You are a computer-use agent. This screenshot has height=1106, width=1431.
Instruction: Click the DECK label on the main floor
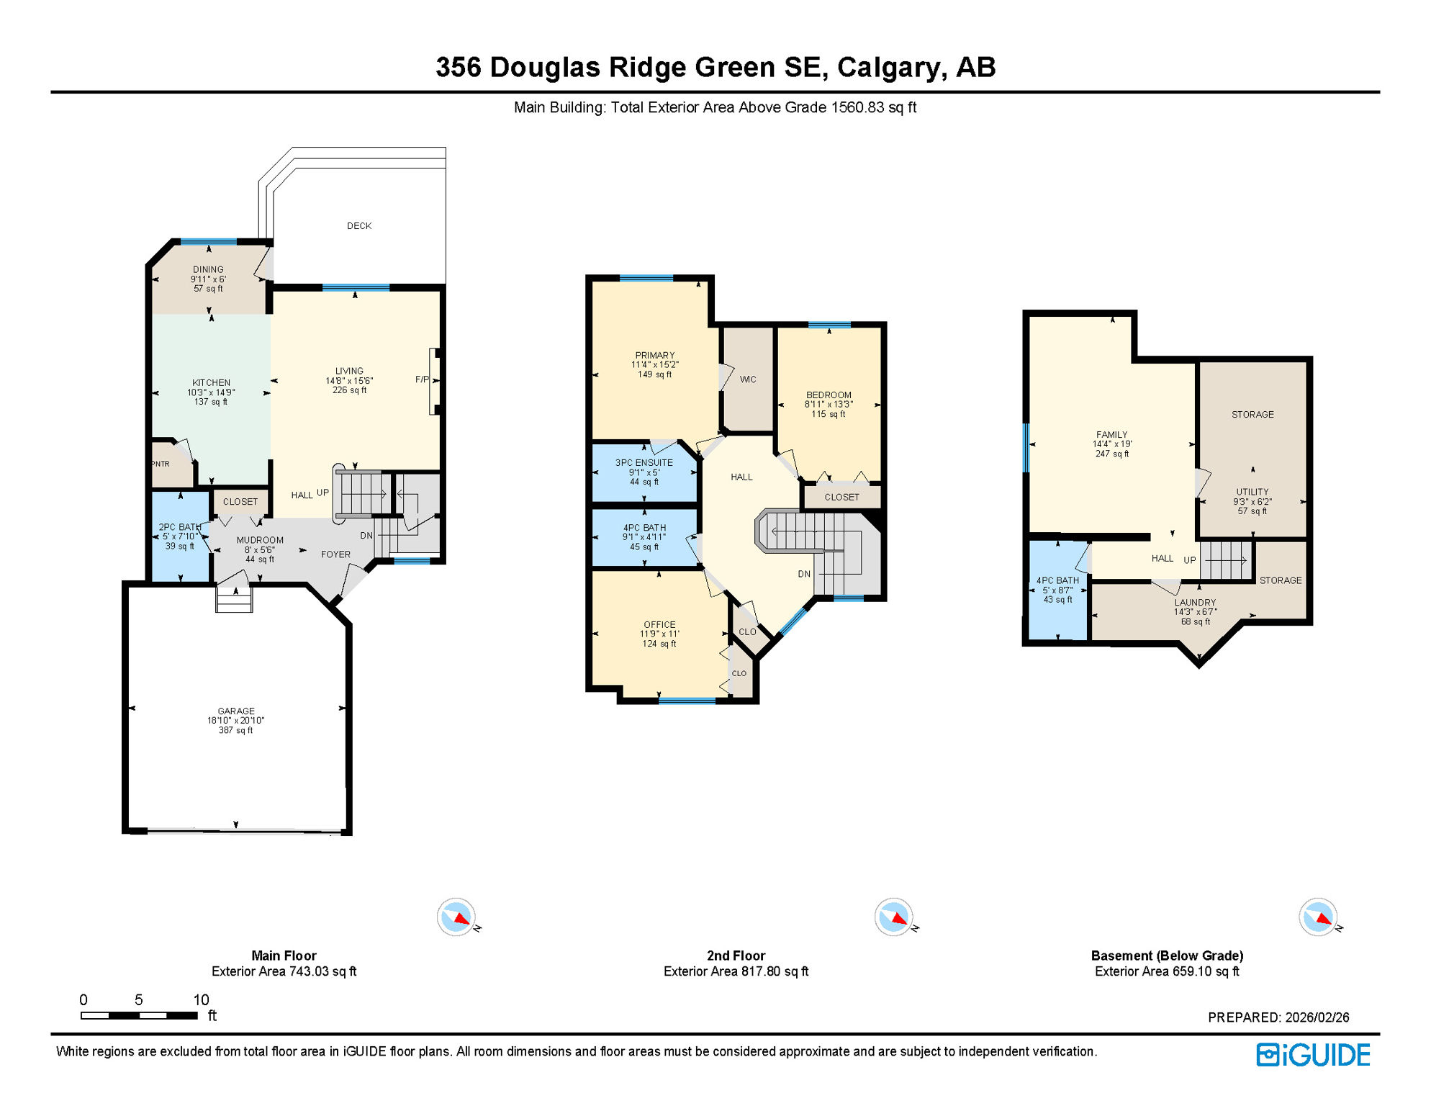point(359,226)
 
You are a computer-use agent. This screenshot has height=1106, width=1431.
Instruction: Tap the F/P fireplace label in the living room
point(422,379)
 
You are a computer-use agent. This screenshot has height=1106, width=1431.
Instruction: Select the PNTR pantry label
point(161,464)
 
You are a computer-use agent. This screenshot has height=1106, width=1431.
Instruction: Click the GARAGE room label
point(236,711)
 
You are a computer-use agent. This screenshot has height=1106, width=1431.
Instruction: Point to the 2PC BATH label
point(179,527)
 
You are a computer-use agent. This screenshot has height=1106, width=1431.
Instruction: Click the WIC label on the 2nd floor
point(748,379)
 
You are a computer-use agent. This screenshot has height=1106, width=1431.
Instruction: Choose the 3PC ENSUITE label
point(644,463)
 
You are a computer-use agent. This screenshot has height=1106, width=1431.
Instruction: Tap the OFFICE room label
point(659,625)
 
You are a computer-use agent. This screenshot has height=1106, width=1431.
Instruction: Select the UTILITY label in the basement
point(1252,493)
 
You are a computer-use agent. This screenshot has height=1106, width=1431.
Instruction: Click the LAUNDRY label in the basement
point(1195,603)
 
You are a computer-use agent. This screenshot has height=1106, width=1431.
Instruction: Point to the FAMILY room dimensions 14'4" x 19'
point(1112,444)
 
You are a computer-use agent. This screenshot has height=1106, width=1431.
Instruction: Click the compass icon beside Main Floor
point(456,917)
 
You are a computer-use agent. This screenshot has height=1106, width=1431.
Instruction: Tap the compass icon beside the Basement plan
point(1318,917)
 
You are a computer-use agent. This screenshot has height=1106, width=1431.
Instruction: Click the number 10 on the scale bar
point(201,999)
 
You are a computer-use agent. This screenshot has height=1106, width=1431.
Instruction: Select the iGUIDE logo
point(1314,1055)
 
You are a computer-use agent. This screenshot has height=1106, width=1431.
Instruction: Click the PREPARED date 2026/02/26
point(1317,1017)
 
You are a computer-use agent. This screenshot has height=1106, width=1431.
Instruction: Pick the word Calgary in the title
point(890,68)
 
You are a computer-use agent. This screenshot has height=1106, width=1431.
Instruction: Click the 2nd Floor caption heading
point(736,956)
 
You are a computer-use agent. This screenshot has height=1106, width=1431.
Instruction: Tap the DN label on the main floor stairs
point(366,536)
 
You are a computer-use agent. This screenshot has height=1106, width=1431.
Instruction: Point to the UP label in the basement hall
point(1190,560)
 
